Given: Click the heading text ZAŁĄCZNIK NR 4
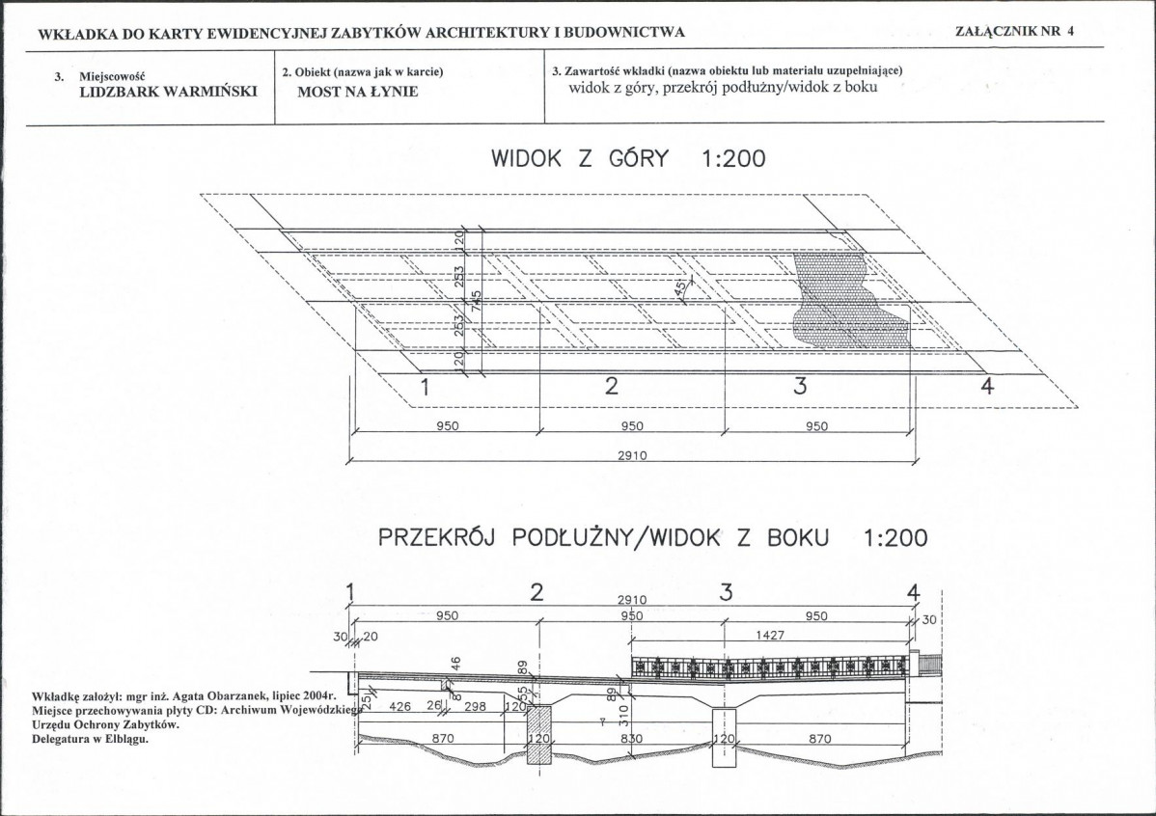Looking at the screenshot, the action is (1014, 31).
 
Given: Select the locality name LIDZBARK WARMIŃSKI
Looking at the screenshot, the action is (168, 92).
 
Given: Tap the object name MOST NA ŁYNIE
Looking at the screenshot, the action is (358, 92).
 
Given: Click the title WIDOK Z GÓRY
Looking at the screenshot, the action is (580, 158).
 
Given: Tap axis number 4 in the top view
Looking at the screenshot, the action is (987, 386).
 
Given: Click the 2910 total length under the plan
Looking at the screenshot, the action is (632, 455).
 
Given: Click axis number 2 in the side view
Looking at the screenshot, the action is (537, 592).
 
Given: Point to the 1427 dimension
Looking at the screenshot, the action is (770, 635).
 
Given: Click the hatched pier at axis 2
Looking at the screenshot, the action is (539, 735).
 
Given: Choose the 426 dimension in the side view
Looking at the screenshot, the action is (399, 706).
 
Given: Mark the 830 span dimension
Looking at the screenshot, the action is (632, 739).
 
